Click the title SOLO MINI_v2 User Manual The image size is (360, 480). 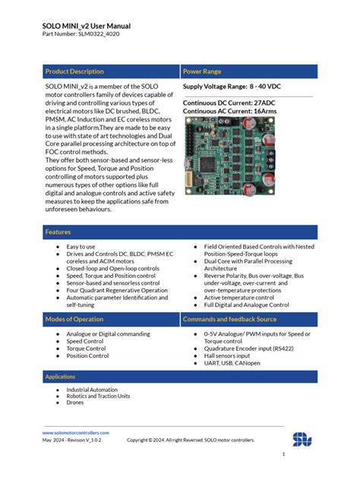[x=87, y=25]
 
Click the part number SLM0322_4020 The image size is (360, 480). [x=80, y=35]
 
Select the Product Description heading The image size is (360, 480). [x=74, y=71]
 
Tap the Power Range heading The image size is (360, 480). [x=202, y=71]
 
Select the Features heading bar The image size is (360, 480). [x=58, y=232]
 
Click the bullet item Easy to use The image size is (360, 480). [x=81, y=247]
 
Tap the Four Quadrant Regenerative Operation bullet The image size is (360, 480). [x=117, y=290]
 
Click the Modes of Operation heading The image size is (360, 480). [x=74, y=320]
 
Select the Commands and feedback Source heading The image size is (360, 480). [x=235, y=320]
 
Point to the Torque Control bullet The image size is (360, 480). [x=86, y=348]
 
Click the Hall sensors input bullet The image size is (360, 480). [x=227, y=355]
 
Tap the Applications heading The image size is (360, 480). [x=60, y=377]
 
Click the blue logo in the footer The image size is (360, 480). [x=302, y=438]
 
